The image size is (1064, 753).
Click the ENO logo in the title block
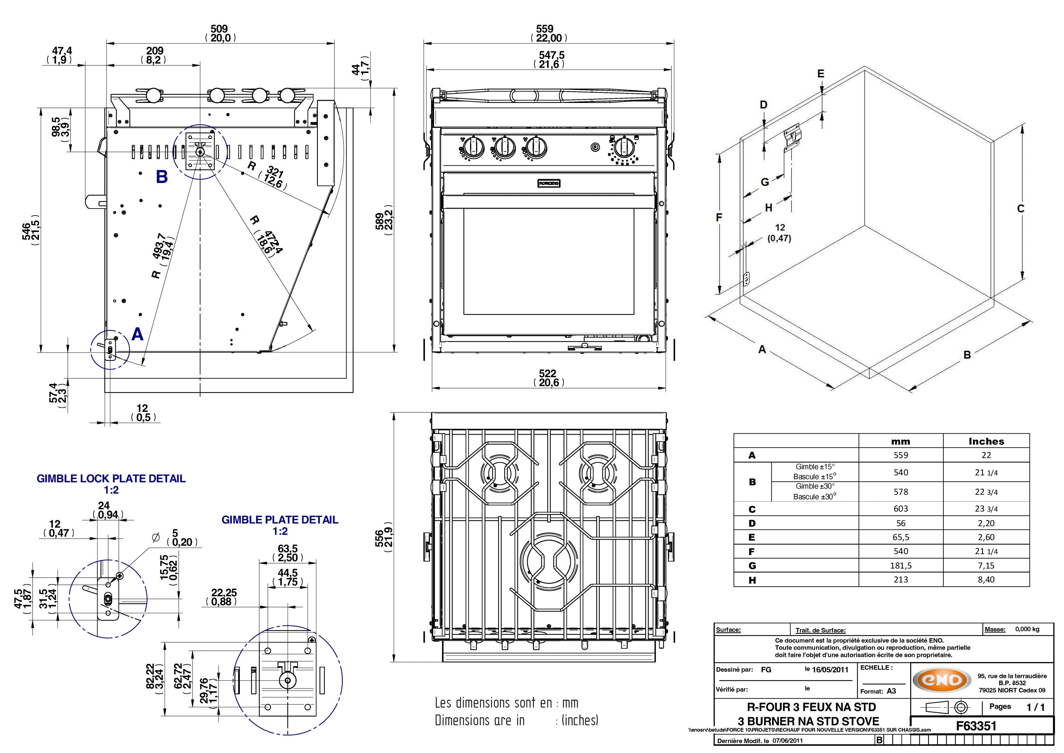click(942, 680)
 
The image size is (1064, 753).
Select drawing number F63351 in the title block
click(976, 726)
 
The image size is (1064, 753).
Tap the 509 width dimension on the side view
click(219, 29)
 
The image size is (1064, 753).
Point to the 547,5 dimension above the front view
click(551, 55)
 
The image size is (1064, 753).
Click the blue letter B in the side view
click(161, 177)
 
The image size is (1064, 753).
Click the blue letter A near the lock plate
click(138, 334)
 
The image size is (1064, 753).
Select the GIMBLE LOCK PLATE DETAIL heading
click(111, 478)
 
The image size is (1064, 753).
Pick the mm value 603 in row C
click(900, 509)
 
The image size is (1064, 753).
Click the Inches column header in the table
click(986, 441)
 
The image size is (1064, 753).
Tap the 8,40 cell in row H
click(986, 579)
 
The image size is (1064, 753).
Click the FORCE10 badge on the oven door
click(549, 183)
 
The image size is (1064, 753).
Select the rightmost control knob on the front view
click(624, 148)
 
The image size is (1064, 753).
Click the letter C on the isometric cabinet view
click(1020, 209)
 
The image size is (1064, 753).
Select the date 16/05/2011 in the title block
click(830, 670)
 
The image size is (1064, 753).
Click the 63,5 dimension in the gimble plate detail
click(287, 549)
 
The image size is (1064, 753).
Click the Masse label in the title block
click(995, 629)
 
